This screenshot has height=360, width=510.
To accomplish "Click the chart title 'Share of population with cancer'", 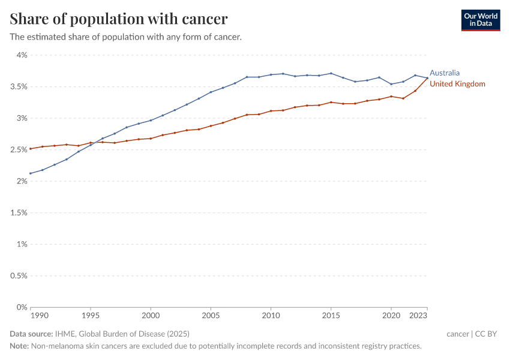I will click(x=119, y=19).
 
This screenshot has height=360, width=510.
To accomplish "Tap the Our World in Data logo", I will click(x=480, y=20).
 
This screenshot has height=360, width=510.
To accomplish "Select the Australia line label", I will click(x=445, y=73).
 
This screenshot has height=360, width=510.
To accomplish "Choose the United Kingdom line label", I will click(x=457, y=84).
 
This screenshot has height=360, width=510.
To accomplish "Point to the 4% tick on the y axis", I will click(x=22, y=55).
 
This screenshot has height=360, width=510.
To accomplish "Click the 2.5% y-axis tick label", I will click(x=19, y=150).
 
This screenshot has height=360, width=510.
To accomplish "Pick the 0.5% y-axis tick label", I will click(x=19, y=276).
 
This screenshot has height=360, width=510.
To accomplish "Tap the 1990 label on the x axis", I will click(x=39, y=315).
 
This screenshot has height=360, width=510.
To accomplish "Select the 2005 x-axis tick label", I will click(x=211, y=315).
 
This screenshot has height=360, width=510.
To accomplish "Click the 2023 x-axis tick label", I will click(x=418, y=315).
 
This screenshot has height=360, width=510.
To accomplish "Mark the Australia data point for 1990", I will click(x=31, y=173).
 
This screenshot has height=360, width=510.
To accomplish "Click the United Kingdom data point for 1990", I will click(x=31, y=149).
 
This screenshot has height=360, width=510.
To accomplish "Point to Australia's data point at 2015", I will click(x=331, y=73).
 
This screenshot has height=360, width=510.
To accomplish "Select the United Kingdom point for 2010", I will click(x=271, y=111).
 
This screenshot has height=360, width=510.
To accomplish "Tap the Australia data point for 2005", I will click(x=211, y=92).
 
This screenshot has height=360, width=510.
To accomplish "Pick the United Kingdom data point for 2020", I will click(x=391, y=97).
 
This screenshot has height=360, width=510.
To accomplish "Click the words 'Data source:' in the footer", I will click(x=31, y=334).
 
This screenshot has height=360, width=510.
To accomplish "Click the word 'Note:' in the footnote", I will click(x=20, y=346).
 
